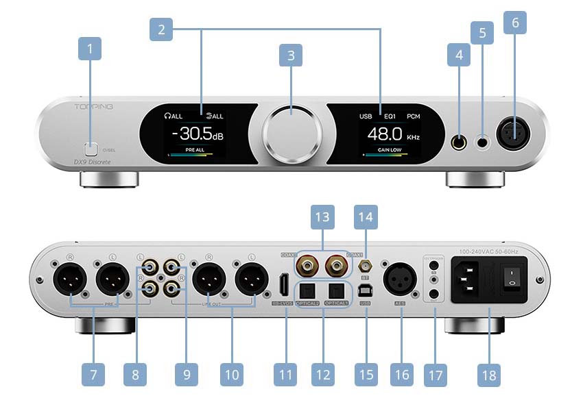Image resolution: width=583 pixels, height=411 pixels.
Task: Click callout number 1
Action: coord(90,49)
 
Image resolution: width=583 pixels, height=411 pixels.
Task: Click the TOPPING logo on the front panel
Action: coord(94,107)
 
